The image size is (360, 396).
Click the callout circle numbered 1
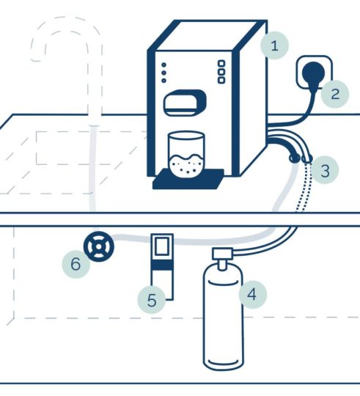[x=274, y=45]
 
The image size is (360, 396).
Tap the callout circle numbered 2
[x=335, y=94]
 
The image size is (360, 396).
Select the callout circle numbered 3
[x=325, y=170]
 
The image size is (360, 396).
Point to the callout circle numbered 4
[x=252, y=295]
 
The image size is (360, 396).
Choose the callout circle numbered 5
[x=152, y=300]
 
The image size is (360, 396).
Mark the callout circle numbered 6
[x=76, y=264]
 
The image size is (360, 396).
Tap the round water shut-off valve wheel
[x=99, y=246]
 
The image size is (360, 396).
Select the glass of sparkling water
[x=186, y=153]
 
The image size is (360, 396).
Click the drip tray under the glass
[x=188, y=179]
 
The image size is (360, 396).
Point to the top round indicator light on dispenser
[x=164, y=65]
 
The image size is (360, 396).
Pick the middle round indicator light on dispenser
[x=164, y=73]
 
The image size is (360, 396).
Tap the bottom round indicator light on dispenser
[x=164, y=81]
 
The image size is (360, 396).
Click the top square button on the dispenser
[x=221, y=63]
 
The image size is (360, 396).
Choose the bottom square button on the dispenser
[x=221, y=81]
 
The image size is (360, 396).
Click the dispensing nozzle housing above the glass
[x=185, y=103]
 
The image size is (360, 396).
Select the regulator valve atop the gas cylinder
[x=222, y=257]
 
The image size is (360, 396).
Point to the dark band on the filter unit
[x=162, y=265]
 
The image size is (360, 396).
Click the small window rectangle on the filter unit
[x=162, y=246]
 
